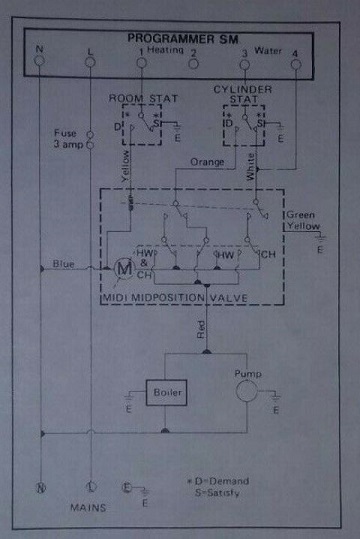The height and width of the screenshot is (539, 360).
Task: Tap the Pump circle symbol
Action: coord(247,391)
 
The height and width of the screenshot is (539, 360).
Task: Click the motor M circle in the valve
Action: coord(124,268)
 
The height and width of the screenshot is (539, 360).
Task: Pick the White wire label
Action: coord(250,166)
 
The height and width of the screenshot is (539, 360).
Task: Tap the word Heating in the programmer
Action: coord(163,49)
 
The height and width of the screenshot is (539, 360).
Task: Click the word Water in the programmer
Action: coord(270,49)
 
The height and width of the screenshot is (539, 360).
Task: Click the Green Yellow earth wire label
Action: coord(303,220)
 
